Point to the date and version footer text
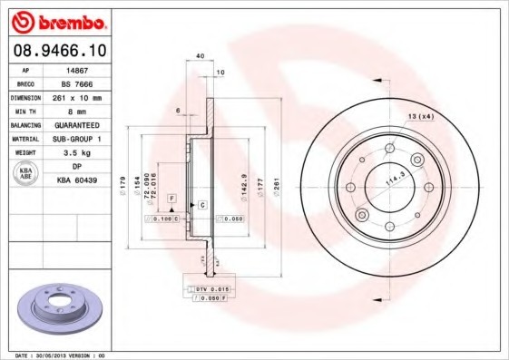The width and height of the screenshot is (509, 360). pos(61,355)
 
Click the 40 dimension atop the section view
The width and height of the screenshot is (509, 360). pos(200,56)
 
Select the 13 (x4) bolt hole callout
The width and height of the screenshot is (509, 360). pos(421,117)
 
